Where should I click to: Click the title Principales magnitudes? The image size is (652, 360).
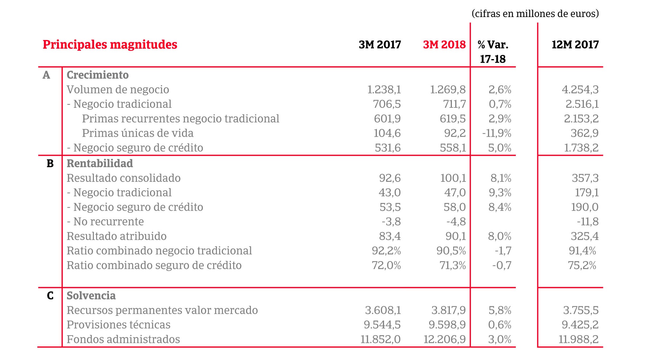tap(110, 44)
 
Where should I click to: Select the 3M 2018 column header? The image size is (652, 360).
tap(444, 44)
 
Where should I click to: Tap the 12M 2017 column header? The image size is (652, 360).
tap(575, 44)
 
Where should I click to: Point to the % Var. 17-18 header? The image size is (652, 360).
tap(493, 52)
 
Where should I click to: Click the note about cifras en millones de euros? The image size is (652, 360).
tap(535, 13)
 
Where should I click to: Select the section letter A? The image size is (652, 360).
tap(46, 75)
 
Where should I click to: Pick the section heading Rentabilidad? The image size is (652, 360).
tap(100, 163)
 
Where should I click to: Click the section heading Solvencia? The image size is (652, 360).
tap(91, 296)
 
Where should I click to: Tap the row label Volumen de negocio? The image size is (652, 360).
tap(118, 90)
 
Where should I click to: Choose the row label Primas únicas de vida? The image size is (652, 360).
tap(138, 133)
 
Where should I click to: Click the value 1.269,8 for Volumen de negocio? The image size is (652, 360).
tap(448, 90)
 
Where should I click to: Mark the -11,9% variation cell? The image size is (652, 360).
tap(497, 133)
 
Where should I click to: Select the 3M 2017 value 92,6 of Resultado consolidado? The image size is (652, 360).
tap(390, 178)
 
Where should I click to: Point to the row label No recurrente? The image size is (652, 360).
tap(108, 221)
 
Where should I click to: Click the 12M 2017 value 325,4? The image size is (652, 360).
tap(585, 236)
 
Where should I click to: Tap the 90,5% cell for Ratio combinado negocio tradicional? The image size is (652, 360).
tap(451, 251)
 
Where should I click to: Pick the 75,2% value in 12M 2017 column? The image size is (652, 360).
tap(582, 265)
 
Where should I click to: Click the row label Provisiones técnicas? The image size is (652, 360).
tap(118, 324)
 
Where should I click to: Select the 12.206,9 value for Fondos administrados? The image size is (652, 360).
tap(444, 339)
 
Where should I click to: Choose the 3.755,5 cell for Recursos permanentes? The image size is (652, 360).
tap(581, 310)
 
